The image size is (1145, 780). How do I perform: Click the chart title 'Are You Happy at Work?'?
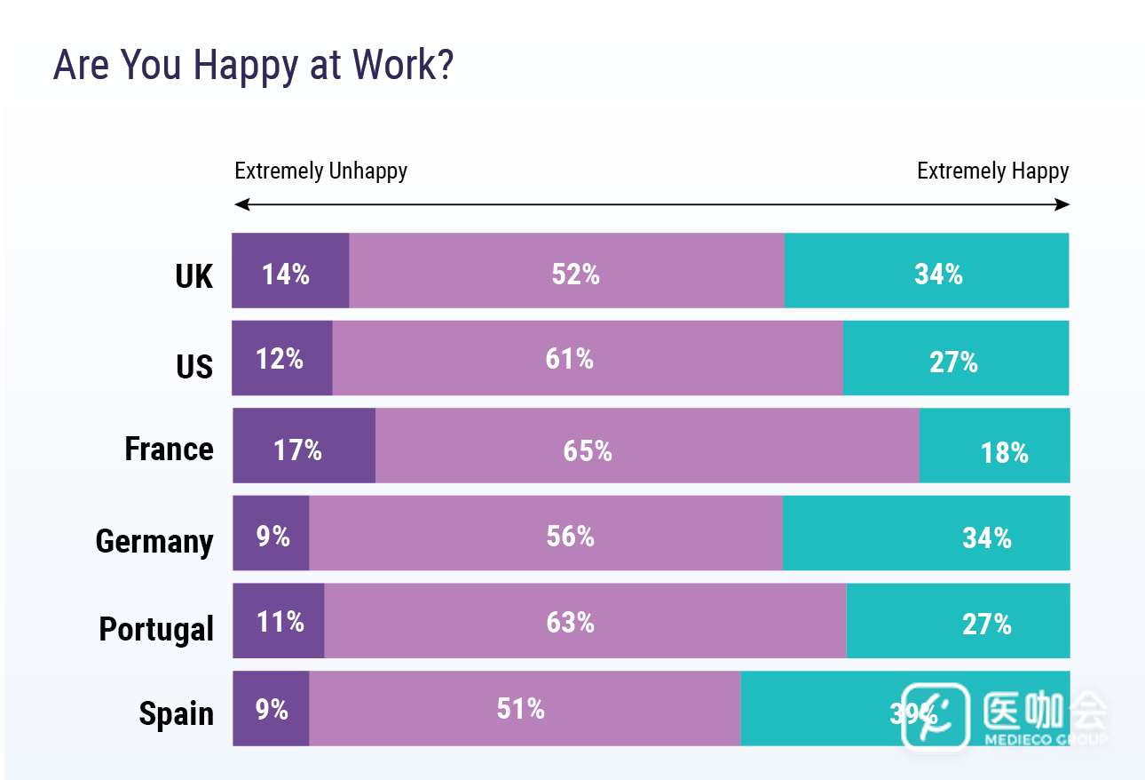point(254,66)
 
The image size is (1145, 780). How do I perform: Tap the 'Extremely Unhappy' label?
point(320,171)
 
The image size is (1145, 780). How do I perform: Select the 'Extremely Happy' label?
point(992,171)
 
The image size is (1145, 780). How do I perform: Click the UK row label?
point(194,276)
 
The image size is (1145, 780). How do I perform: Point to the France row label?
point(169,449)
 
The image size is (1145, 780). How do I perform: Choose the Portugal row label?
point(156,629)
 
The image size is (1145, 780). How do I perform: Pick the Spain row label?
point(176,713)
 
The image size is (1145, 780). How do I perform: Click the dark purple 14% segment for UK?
point(290,271)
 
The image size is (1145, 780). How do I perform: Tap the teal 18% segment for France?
point(994,446)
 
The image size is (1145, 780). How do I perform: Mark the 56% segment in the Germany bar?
point(545,533)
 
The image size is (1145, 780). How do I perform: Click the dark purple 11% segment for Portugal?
point(279,621)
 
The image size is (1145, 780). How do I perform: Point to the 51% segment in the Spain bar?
point(524,708)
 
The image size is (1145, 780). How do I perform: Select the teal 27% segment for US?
point(955,358)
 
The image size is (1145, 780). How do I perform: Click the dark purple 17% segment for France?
point(304,446)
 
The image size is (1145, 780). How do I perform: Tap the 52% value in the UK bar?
point(575,275)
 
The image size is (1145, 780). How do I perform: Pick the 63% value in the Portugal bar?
point(570,622)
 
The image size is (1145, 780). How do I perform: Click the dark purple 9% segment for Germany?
point(271,533)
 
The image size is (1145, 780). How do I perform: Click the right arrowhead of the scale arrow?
point(1064,205)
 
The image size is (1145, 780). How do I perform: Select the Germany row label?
point(154,541)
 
